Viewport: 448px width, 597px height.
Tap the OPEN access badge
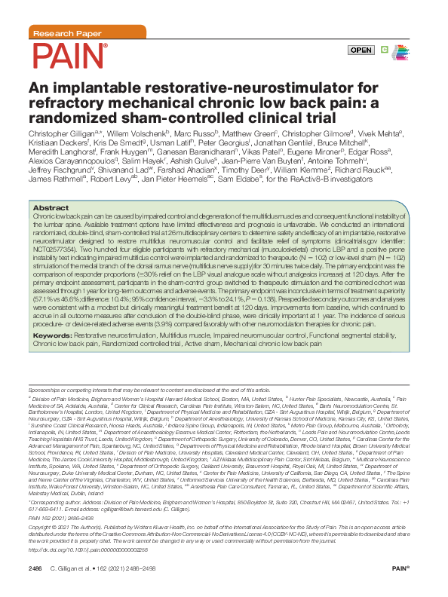pyautogui.click(x=361, y=50)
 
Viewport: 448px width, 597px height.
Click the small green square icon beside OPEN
pyautogui.click(x=385, y=50)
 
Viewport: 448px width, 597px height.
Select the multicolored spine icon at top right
pyautogui.click(x=405, y=50)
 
